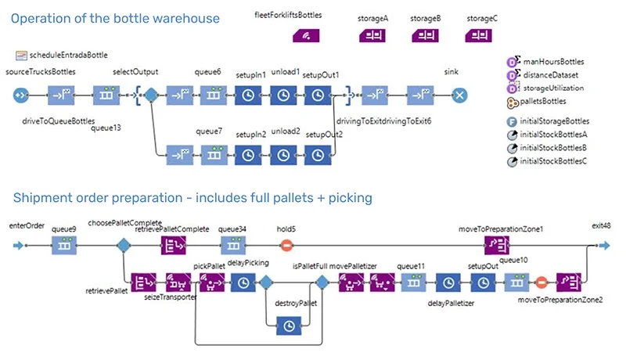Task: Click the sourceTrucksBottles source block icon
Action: coord(21,95)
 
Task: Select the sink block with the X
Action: coord(459,95)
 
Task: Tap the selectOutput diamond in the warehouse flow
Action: coord(151,95)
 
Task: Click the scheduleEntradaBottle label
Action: coord(68,56)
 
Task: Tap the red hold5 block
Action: coord(286,246)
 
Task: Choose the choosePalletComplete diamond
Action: coord(123,246)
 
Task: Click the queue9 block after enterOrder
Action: coord(64,246)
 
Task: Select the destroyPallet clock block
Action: coord(289,323)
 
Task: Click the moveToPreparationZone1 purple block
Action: coord(497,246)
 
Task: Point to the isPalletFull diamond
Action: coord(320,283)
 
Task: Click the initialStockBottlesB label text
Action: coord(553,147)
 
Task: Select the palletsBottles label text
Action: coord(545,101)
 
